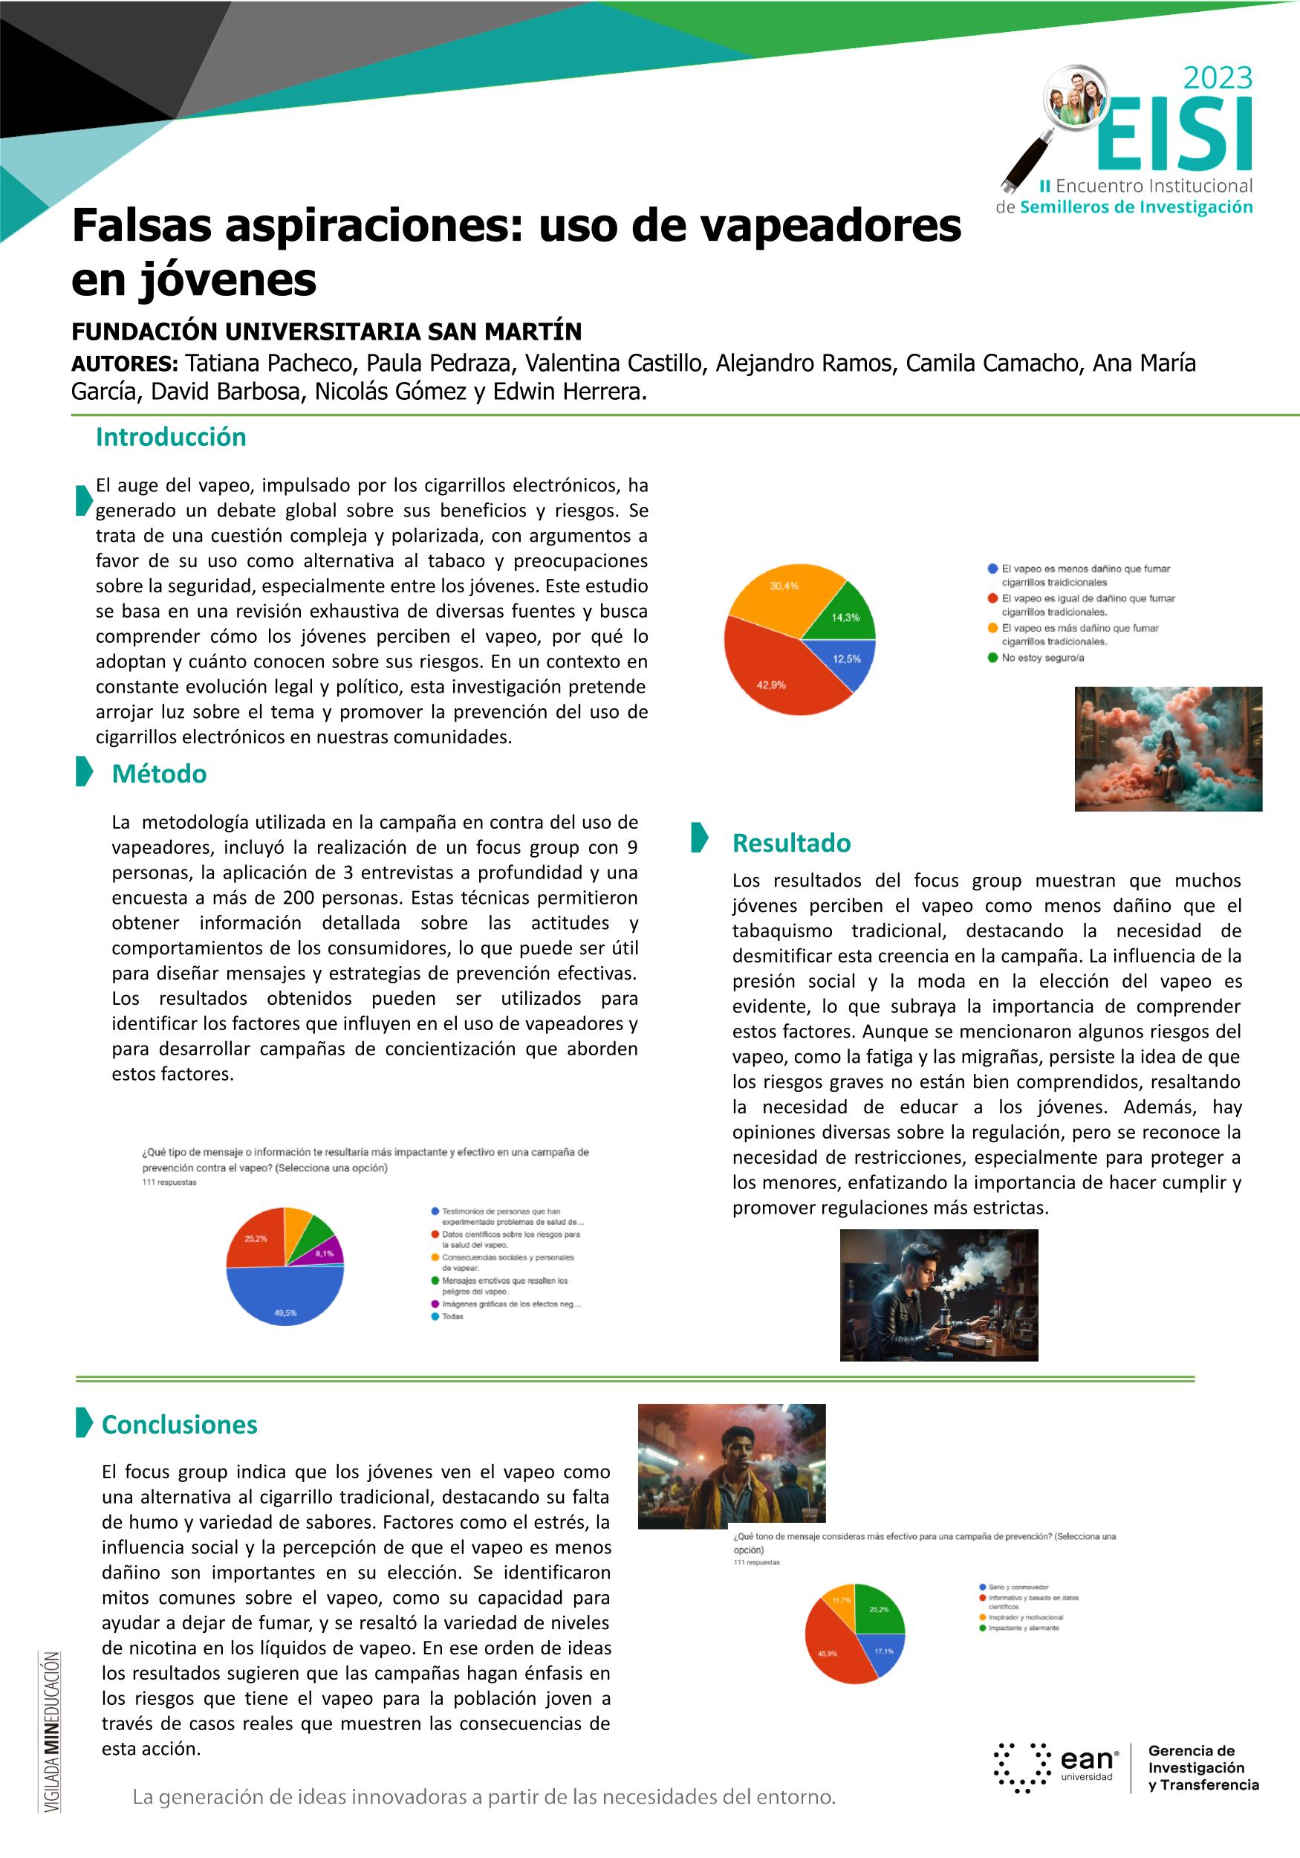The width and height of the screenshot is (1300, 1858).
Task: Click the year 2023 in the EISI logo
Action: coord(1218,79)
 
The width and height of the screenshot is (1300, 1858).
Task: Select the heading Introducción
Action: coord(171,437)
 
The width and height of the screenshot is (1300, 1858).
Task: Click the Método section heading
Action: coord(160,774)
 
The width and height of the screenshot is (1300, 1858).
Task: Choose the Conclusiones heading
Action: coord(180,1424)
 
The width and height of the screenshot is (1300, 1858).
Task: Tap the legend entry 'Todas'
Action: coord(452,1317)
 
